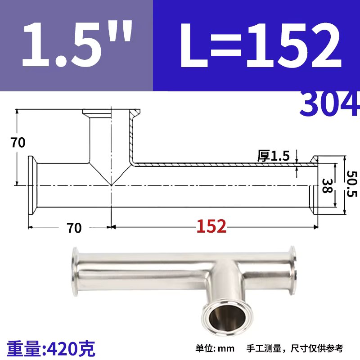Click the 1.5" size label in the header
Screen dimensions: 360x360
point(76,45)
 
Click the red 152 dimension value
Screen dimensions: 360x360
point(211,227)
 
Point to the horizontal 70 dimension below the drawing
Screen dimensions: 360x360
point(74,228)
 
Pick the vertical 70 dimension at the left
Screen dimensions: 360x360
point(18,143)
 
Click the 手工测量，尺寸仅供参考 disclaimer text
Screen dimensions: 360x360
point(295,348)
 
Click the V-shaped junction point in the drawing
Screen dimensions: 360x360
point(111,184)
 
